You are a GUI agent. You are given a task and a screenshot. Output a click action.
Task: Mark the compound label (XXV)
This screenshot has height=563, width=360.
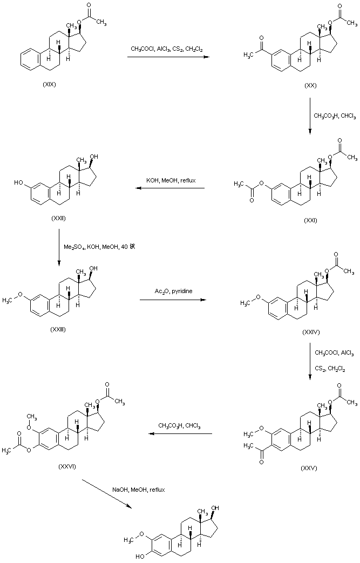[x=309, y=468]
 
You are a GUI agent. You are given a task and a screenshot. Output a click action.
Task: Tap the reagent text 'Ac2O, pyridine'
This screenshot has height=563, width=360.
[x=173, y=291]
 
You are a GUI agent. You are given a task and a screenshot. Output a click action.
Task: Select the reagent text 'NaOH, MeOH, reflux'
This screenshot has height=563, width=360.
[x=138, y=489]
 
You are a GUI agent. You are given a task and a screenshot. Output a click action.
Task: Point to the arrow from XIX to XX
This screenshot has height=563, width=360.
[x=168, y=56]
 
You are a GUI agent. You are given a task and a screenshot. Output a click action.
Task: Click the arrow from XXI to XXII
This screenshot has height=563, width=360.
[x=170, y=188]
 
